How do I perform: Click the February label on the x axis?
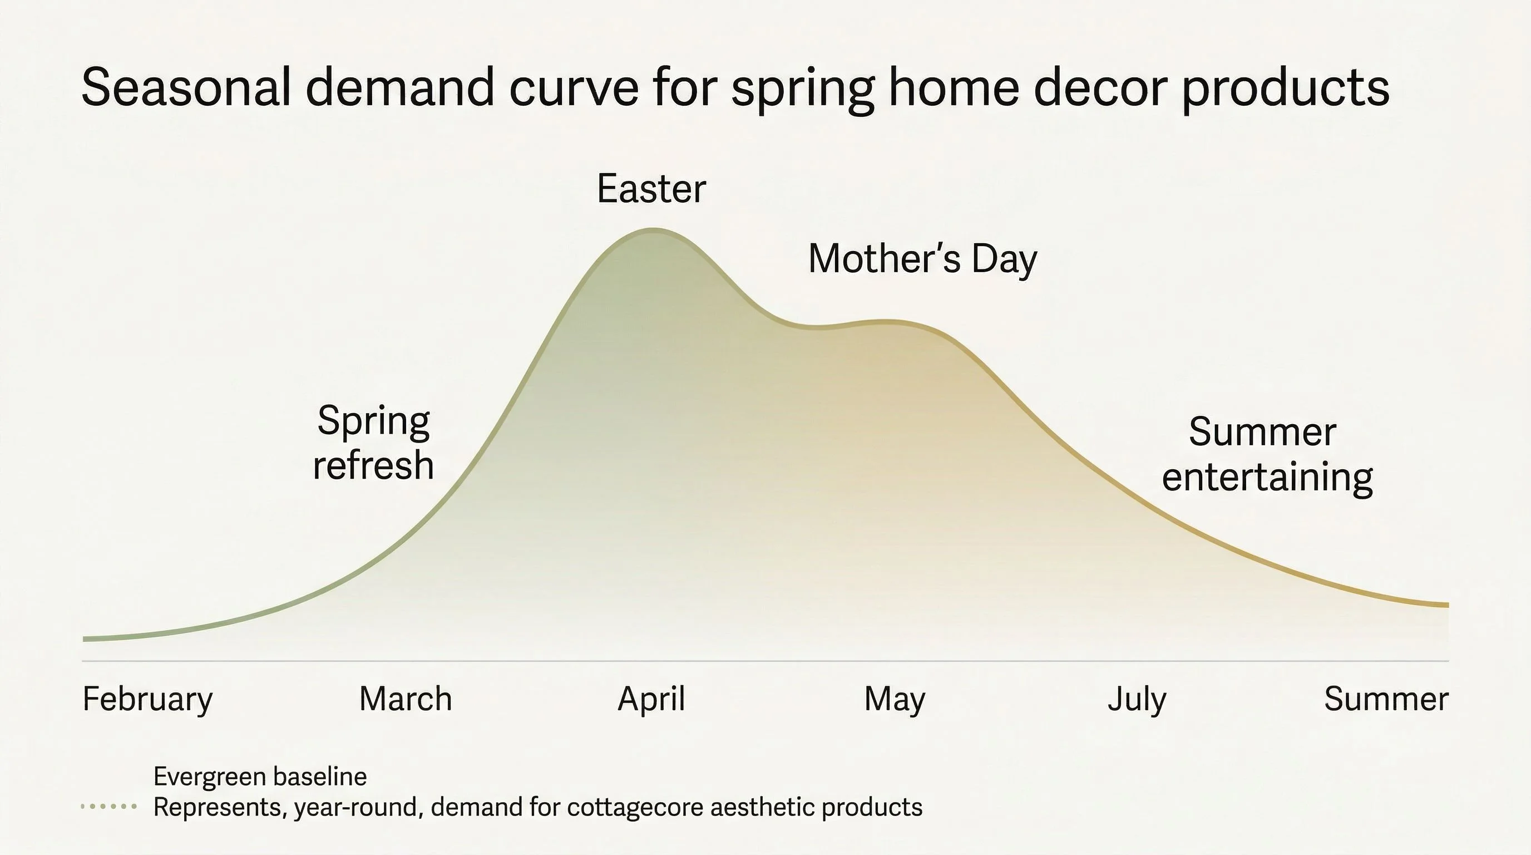click(147, 699)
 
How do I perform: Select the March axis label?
click(406, 699)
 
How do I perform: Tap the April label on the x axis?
click(651, 699)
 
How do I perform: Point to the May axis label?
click(895, 699)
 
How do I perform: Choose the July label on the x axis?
click(1137, 699)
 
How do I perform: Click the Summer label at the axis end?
click(1386, 699)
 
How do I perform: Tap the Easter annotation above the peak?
click(651, 189)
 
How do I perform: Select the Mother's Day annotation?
click(922, 259)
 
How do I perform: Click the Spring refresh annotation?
click(373, 443)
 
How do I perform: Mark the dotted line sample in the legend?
click(109, 807)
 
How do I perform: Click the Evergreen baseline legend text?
click(260, 777)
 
